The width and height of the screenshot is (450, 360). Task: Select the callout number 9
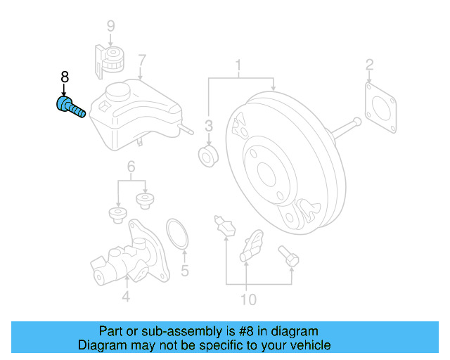pos(110,27)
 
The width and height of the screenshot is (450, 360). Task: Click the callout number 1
pos(238,67)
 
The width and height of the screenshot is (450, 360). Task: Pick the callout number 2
pos(369,67)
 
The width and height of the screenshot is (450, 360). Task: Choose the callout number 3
pos(209,127)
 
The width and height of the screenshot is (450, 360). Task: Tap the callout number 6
pos(131,167)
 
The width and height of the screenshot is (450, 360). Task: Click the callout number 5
pos(185,270)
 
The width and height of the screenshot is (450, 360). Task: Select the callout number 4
pos(125,297)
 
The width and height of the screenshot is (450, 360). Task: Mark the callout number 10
pos(249,300)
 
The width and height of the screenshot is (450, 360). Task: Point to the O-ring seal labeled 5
pos(177,234)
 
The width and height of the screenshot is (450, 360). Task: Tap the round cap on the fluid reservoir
pos(120,91)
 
